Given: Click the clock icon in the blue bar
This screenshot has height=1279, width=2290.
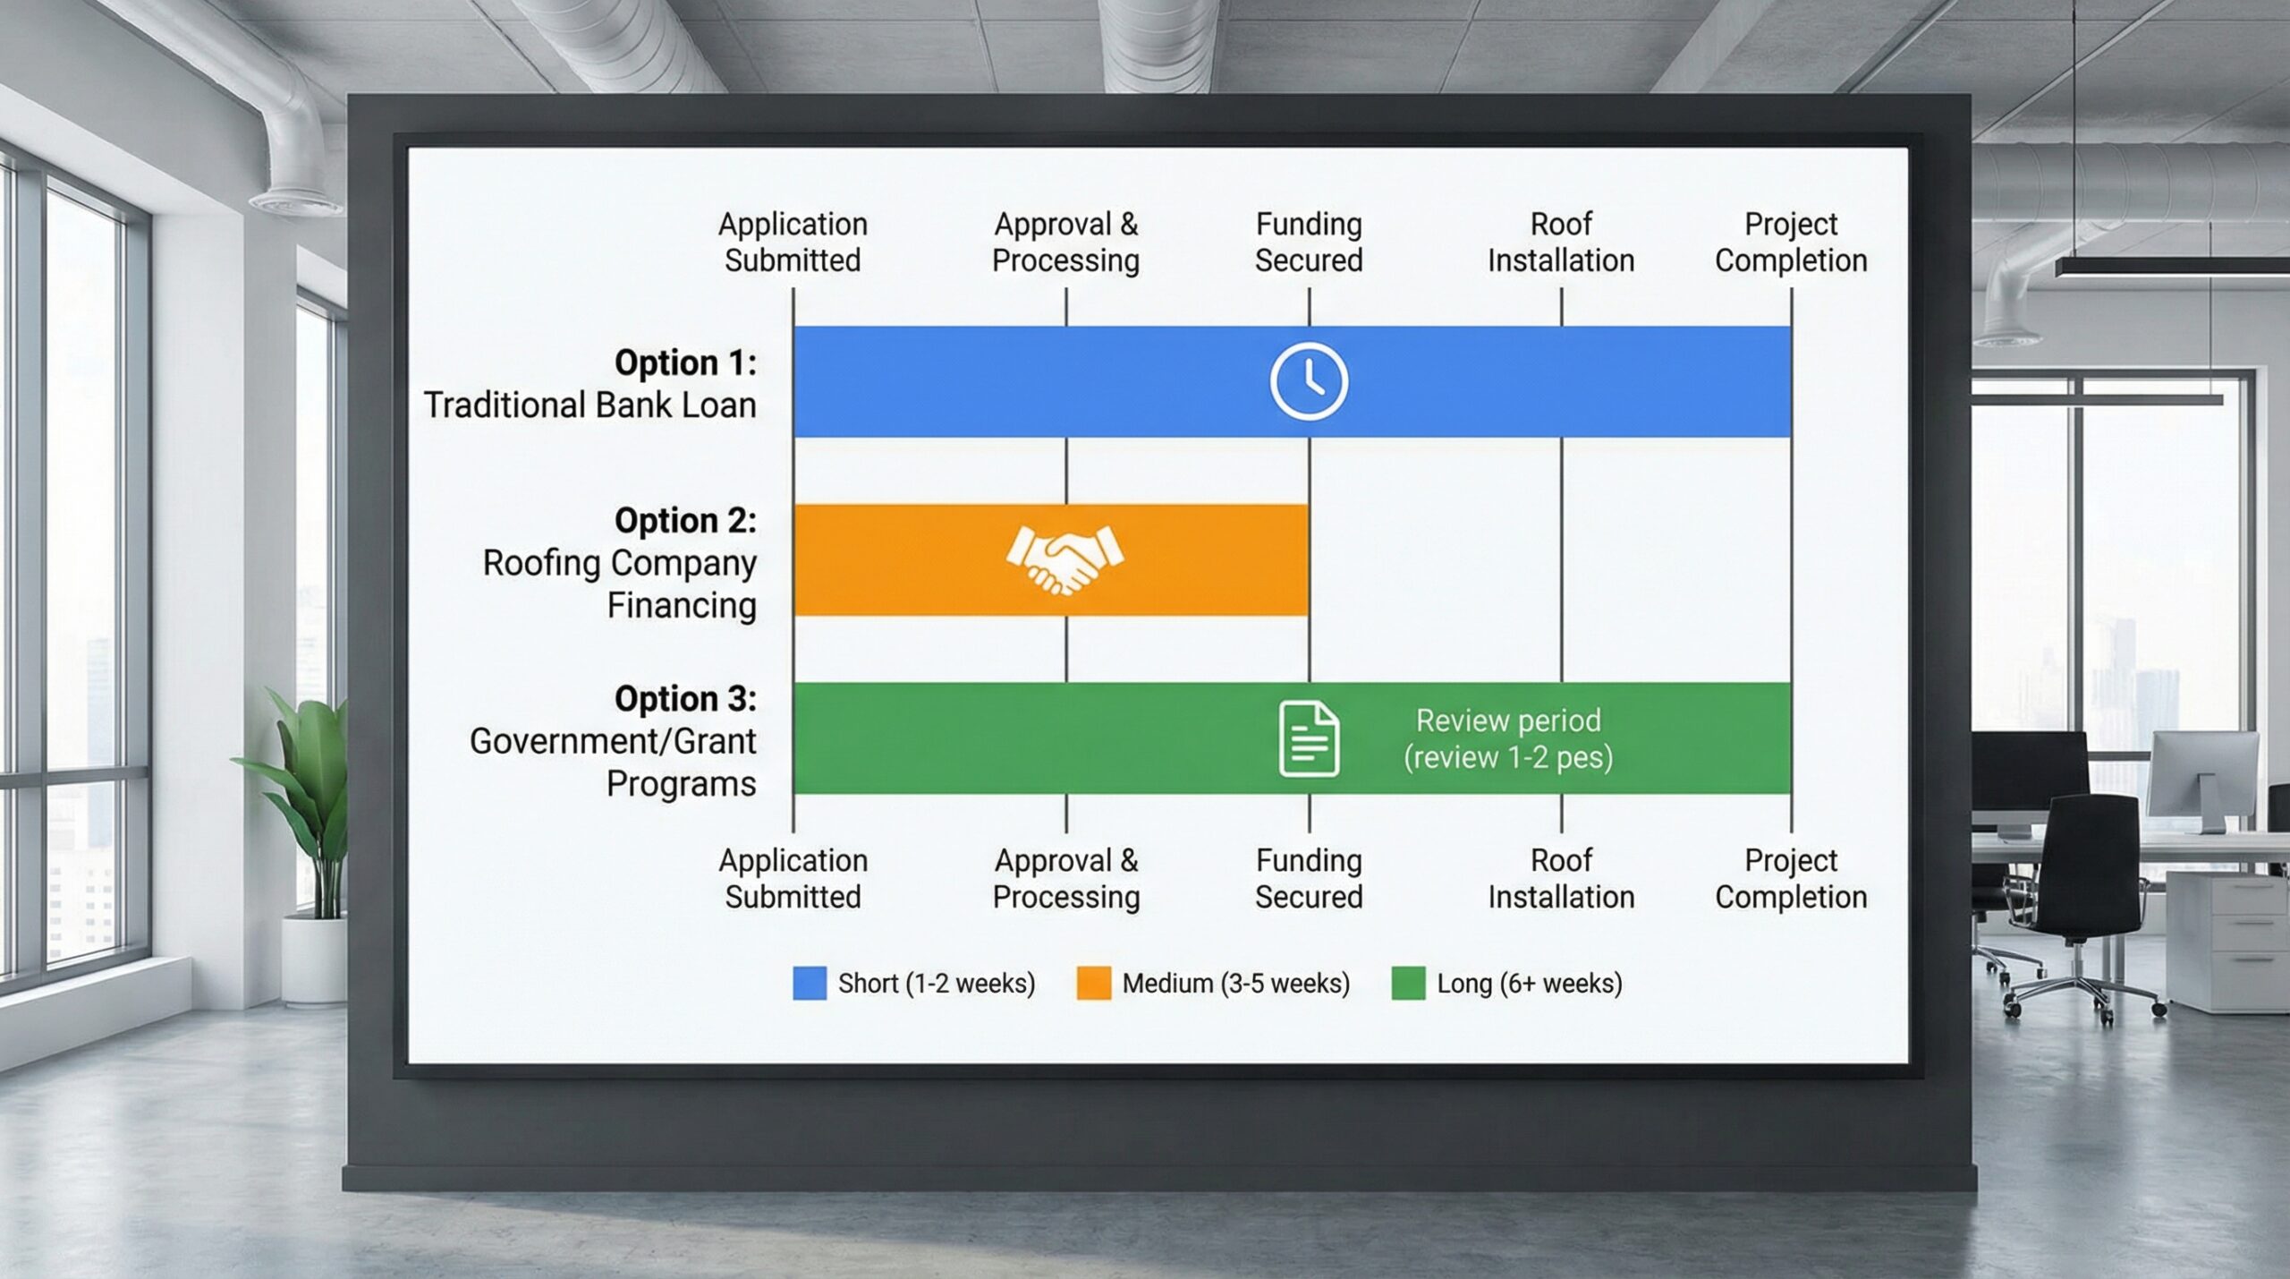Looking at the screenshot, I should (x=1309, y=381).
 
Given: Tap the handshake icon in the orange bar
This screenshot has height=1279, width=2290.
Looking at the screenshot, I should (x=1064, y=559).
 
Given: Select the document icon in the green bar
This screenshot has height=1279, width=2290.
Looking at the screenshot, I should (x=1309, y=738).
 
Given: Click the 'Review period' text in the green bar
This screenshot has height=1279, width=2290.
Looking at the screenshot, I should (x=1508, y=721).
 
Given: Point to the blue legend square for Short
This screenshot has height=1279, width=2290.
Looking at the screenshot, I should (x=810, y=983).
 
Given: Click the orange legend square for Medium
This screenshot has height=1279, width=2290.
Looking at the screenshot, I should (x=1093, y=983).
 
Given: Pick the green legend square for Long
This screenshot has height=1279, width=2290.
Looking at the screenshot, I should (x=1408, y=983).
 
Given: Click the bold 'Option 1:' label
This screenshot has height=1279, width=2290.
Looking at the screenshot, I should (x=685, y=362).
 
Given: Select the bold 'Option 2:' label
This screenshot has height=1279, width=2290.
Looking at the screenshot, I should (x=685, y=520).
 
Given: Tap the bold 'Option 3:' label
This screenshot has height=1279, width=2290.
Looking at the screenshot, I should (x=685, y=698).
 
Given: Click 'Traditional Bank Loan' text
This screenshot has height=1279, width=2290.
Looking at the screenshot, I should (x=589, y=405).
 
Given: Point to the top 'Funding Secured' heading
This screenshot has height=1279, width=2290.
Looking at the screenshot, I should (x=1309, y=242).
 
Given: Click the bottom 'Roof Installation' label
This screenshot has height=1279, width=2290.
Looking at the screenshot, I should (x=1561, y=878).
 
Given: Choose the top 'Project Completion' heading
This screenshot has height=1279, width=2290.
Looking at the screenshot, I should (x=1791, y=242).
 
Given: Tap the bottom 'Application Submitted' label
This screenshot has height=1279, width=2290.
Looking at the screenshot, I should (x=793, y=878).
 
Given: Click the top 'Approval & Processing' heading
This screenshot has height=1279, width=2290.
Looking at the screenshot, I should (x=1065, y=242).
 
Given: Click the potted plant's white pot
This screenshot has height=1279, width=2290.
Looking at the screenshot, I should (x=313, y=958).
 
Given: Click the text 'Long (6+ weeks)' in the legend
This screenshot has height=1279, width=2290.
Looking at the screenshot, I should (x=1529, y=983).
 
